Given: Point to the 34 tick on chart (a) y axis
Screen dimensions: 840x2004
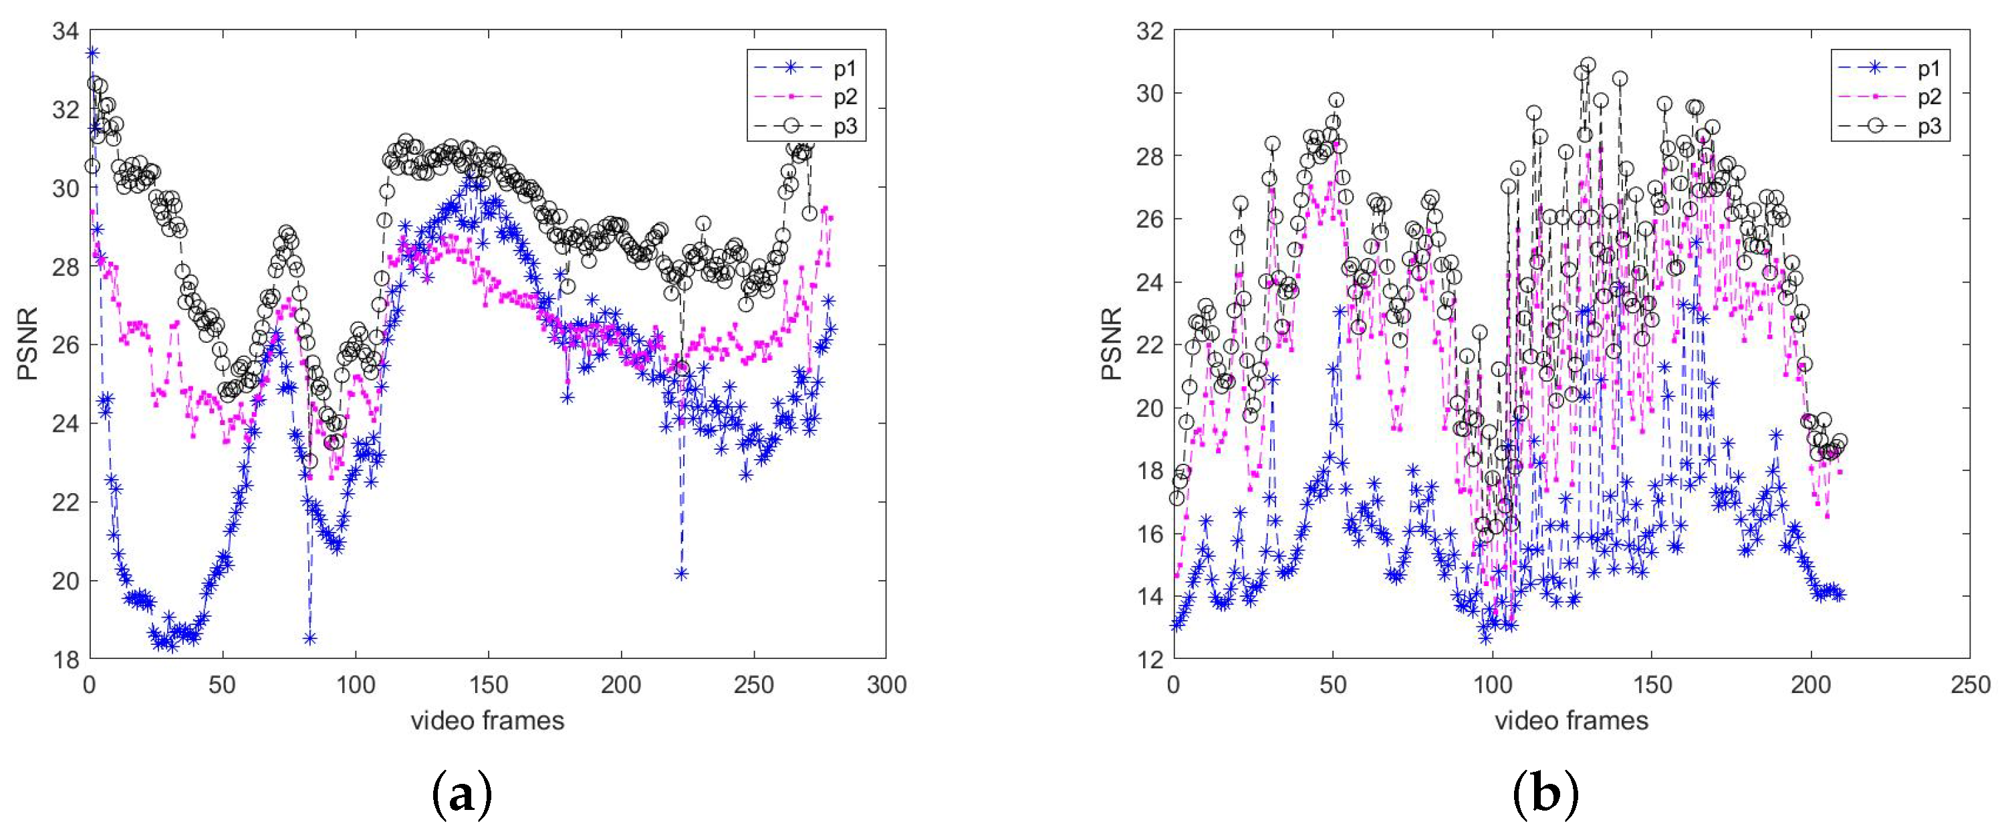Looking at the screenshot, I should [x=66, y=32].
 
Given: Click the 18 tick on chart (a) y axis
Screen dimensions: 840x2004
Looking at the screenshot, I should [x=66, y=660].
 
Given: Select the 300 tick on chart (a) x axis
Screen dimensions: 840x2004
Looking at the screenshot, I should [x=886, y=685].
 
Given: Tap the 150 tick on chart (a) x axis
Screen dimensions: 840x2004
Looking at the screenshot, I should [x=488, y=685].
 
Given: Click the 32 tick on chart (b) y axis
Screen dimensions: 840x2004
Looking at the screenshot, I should [x=1149, y=32].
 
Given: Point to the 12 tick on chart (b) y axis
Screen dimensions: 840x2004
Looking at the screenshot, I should [x=1149, y=660].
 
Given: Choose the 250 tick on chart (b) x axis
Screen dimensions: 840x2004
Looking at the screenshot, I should [x=1971, y=685].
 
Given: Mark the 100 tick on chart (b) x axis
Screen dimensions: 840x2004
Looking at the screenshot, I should [x=1493, y=685].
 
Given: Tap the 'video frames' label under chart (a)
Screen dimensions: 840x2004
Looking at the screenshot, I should [x=487, y=721].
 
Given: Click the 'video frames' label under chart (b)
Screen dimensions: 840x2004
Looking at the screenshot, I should [x=1571, y=721].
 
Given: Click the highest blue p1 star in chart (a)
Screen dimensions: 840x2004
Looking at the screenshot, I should [x=92, y=53].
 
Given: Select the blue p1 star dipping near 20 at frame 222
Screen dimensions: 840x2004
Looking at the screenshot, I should [x=682, y=574].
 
